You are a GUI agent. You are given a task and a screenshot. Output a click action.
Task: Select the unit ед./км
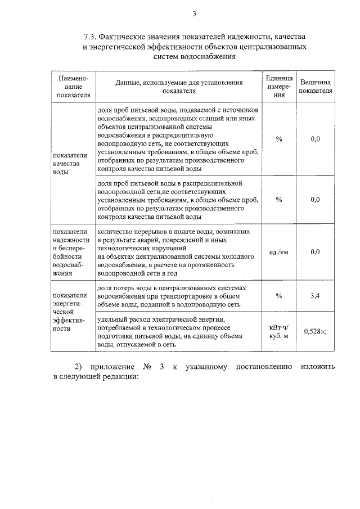coord(279,252)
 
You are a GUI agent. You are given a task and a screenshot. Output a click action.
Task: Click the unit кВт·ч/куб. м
coord(279,332)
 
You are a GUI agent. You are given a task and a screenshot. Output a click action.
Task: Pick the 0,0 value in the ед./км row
coord(315,252)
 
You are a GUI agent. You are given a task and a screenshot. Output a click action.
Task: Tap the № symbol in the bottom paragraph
coord(148,367)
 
